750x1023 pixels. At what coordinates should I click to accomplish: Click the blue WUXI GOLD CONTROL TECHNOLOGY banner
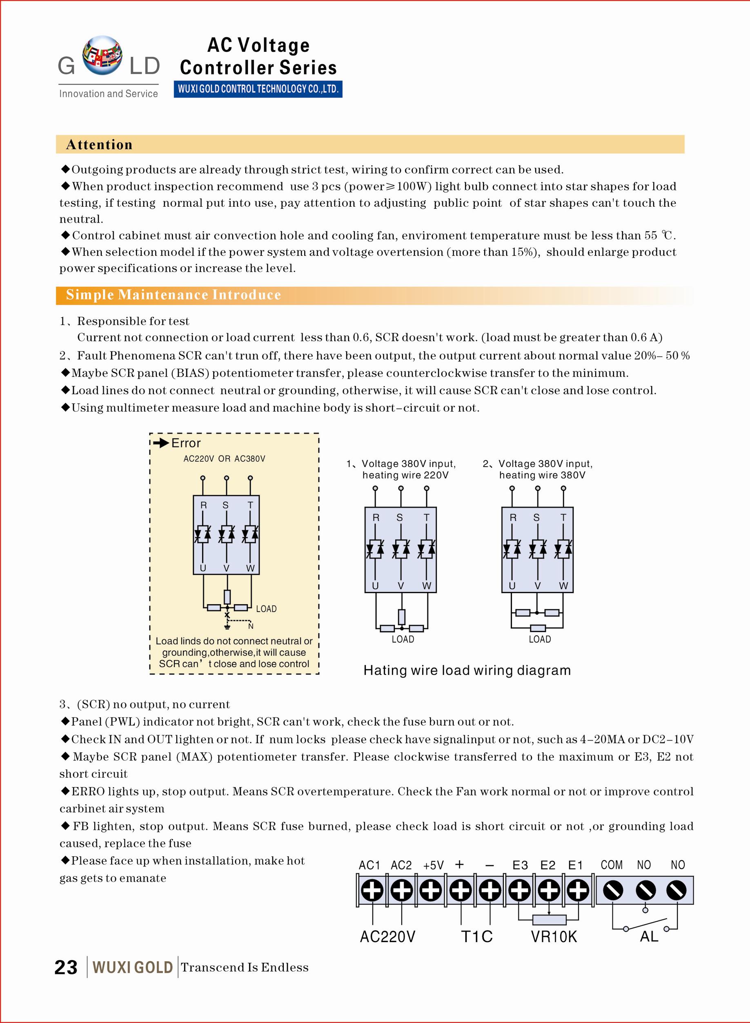tap(258, 89)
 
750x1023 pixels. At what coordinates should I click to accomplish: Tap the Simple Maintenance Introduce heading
tap(174, 295)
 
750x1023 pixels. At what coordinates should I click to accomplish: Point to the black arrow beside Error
tap(161, 443)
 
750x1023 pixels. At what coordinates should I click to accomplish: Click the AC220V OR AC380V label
tap(224, 459)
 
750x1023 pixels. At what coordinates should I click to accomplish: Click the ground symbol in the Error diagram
tap(227, 628)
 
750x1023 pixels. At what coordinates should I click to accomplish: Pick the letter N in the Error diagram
tap(251, 626)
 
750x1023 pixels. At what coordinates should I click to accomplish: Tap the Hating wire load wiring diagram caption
tap(467, 670)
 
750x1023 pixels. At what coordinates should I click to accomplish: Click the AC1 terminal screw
tap(372, 890)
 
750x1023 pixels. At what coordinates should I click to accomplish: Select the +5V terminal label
tap(433, 865)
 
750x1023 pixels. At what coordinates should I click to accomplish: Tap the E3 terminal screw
tap(519, 890)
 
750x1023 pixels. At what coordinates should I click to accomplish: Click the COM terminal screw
tap(612, 890)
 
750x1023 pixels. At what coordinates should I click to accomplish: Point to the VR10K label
tap(554, 937)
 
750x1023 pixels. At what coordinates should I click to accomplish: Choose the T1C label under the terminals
tap(477, 937)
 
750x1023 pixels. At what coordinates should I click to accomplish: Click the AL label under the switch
tap(649, 936)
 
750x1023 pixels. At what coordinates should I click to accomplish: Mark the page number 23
tap(66, 967)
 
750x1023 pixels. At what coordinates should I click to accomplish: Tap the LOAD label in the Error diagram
tap(266, 609)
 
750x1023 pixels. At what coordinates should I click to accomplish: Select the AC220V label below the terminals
tap(387, 937)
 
